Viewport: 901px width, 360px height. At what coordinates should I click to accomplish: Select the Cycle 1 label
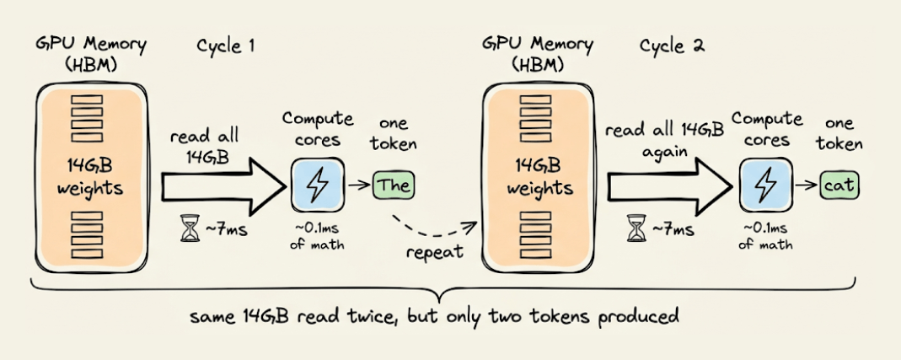tap(226, 46)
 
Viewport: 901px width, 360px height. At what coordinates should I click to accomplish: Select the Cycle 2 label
tap(672, 46)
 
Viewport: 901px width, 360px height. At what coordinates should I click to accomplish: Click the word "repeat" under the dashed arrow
tap(436, 252)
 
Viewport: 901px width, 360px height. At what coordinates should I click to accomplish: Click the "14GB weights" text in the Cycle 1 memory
tap(90, 177)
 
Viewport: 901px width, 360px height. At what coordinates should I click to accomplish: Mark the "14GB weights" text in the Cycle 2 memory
tap(535, 177)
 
